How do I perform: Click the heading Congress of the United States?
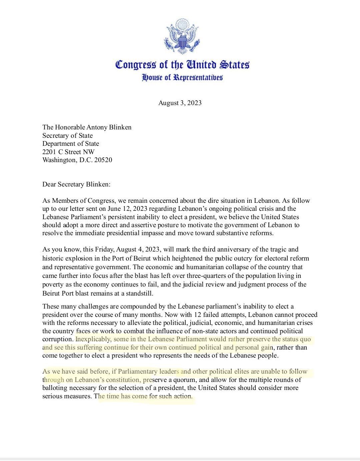click(182, 64)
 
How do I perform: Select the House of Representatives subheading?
click(182, 78)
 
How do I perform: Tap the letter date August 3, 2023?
click(180, 103)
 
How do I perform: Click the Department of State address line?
click(71, 144)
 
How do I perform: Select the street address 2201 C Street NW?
click(68, 152)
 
